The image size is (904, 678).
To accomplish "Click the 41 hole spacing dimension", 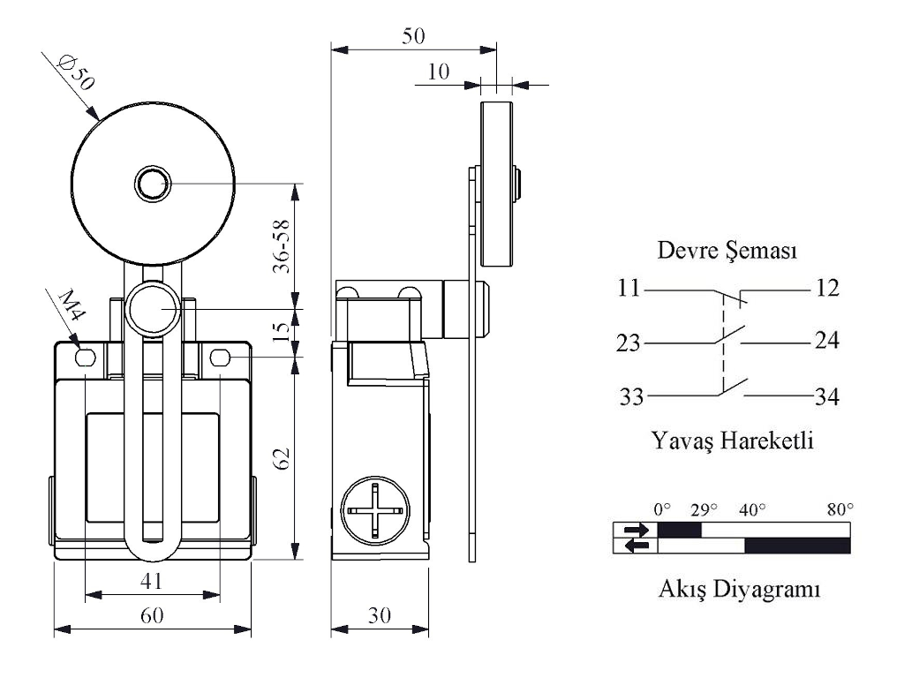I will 152,581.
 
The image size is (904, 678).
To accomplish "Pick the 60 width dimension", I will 152,616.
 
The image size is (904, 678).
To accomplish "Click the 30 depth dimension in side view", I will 380,616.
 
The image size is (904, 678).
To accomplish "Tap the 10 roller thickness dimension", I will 439,72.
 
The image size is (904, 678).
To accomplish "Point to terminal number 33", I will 630,398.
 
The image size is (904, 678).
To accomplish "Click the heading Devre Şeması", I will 728,252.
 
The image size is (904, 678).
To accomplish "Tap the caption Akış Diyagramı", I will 740,589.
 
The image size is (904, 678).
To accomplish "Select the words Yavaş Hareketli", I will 732,439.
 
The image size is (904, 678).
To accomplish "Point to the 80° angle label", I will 840,509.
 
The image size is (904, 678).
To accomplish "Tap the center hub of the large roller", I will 152,184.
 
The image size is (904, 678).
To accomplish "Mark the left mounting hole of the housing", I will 85,358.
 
